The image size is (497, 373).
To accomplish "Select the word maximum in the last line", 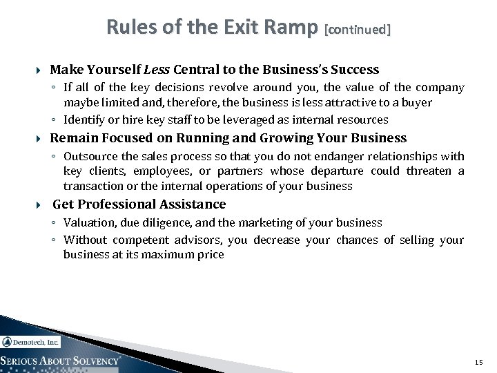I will point(170,254).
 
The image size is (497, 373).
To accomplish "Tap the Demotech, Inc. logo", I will point(31,342).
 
